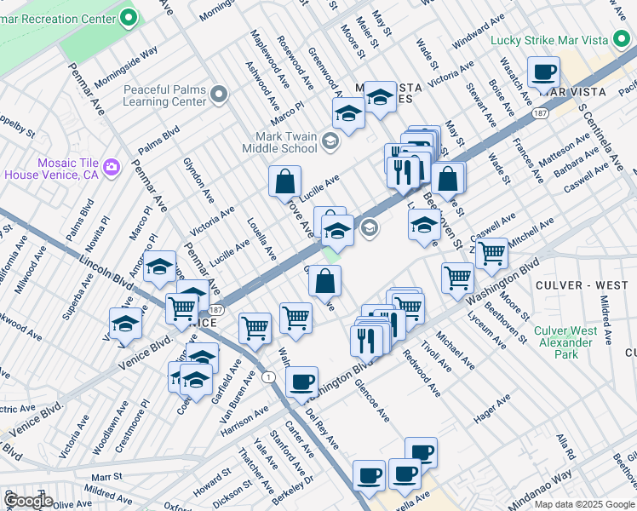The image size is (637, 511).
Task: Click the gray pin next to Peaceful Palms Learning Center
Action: [221, 95]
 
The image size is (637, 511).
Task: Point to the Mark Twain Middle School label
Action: [286, 142]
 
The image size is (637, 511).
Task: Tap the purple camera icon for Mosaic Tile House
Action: [112, 167]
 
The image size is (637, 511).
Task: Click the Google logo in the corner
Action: [28, 501]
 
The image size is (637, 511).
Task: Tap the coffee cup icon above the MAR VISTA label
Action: [542, 72]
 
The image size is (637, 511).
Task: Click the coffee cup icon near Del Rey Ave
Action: [301, 382]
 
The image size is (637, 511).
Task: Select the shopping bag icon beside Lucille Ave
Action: [284, 181]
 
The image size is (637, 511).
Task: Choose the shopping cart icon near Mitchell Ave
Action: [491, 253]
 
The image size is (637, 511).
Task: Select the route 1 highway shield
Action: [268, 376]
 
